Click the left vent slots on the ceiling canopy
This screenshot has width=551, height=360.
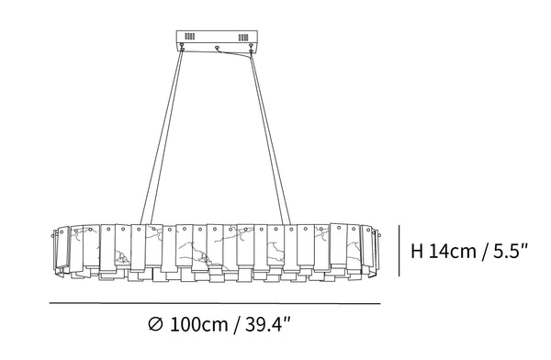coord(190,36)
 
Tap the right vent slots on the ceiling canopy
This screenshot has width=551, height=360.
coord(243,38)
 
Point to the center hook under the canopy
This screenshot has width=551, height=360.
coord(217,48)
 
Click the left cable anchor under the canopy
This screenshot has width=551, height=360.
coord(182,46)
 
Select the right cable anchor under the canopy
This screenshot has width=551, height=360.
coord(251,48)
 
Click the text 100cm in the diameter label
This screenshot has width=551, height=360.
coord(199,324)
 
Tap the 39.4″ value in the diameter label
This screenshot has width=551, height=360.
coord(268,324)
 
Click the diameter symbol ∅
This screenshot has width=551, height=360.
coord(155,324)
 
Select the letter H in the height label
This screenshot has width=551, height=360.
coord(417,252)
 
